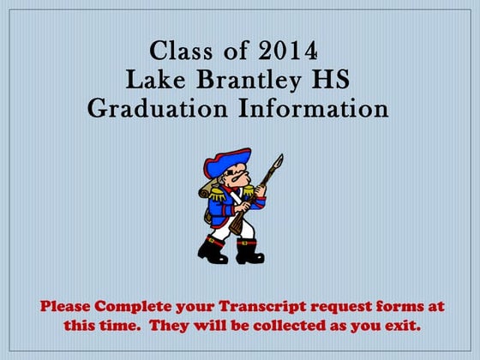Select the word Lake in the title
pos(153,79)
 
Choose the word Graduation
pos(160,109)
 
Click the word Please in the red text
pos(66,307)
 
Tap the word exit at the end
pos(401,326)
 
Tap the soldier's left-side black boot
pos(213,250)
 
